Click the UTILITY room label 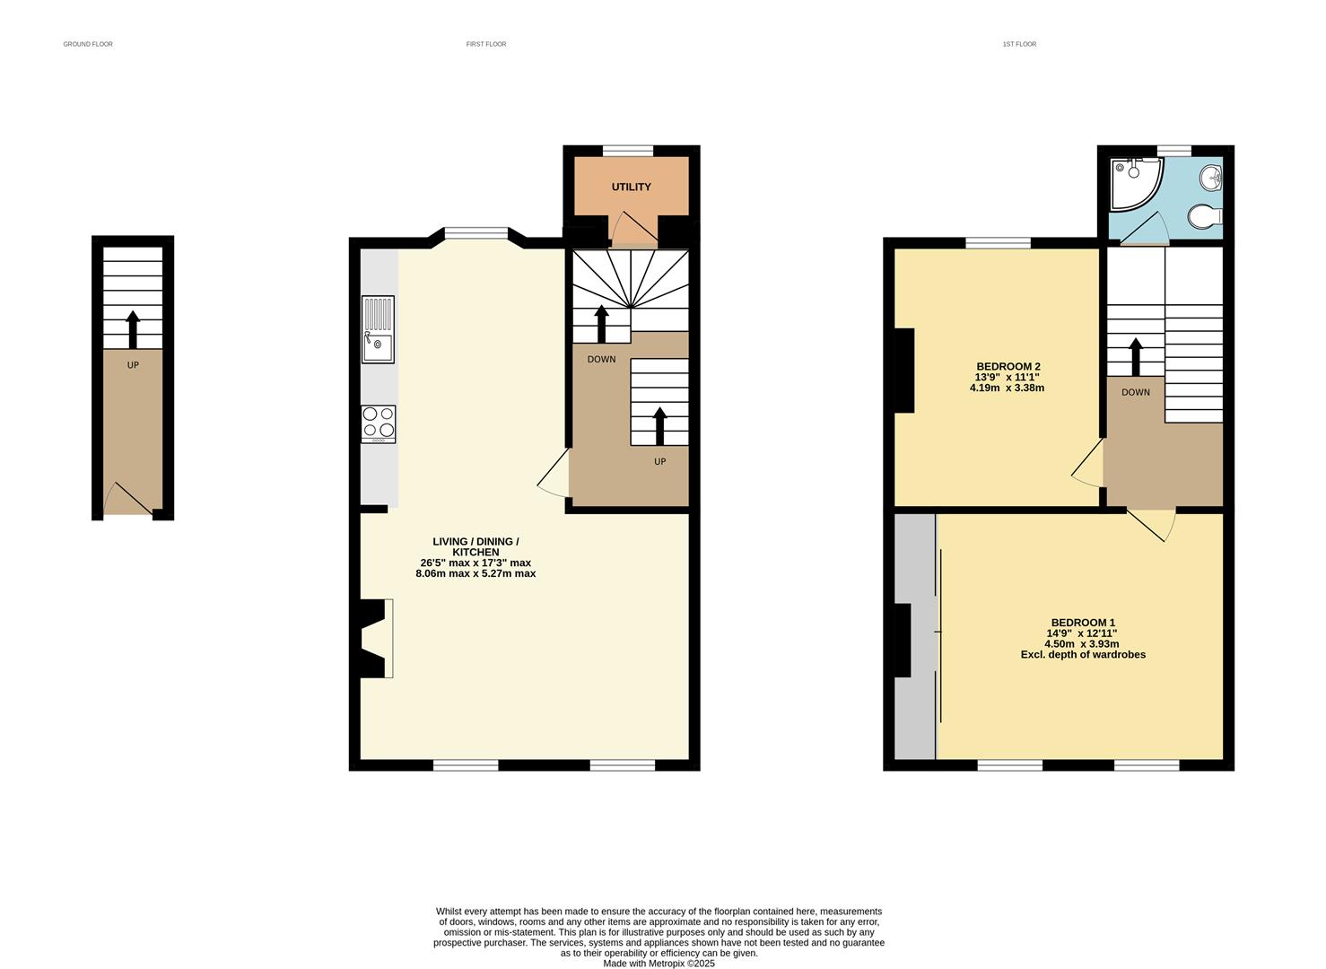(631, 187)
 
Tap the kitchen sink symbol (378, 329)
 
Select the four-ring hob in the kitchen (378, 424)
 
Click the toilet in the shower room (1204, 216)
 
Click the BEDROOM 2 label (1008, 366)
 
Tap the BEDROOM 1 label (1083, 623)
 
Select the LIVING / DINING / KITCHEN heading (475, 546)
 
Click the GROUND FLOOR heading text (88, 44)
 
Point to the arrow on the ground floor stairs (133, 329)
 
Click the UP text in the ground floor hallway (133, 365)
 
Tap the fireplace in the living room (376, 638)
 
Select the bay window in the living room (476, 234)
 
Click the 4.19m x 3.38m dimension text (1007, 388)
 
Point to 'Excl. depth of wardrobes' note (1083, 655)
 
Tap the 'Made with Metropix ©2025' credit (659, 964)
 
